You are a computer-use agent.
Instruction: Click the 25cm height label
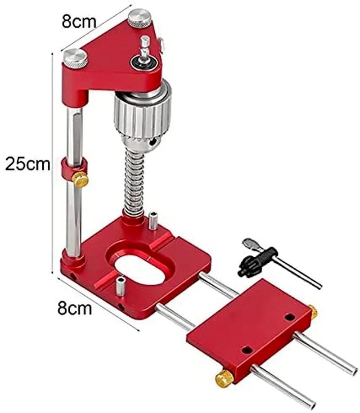pos(27,164)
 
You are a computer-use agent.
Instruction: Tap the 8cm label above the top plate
pos(79,22)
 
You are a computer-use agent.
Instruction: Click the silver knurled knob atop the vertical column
pos(75,58)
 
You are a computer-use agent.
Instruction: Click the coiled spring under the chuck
pos(135,182)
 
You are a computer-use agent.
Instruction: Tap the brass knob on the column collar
pos(80,180)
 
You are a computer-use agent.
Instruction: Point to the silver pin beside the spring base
pos(153,221)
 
